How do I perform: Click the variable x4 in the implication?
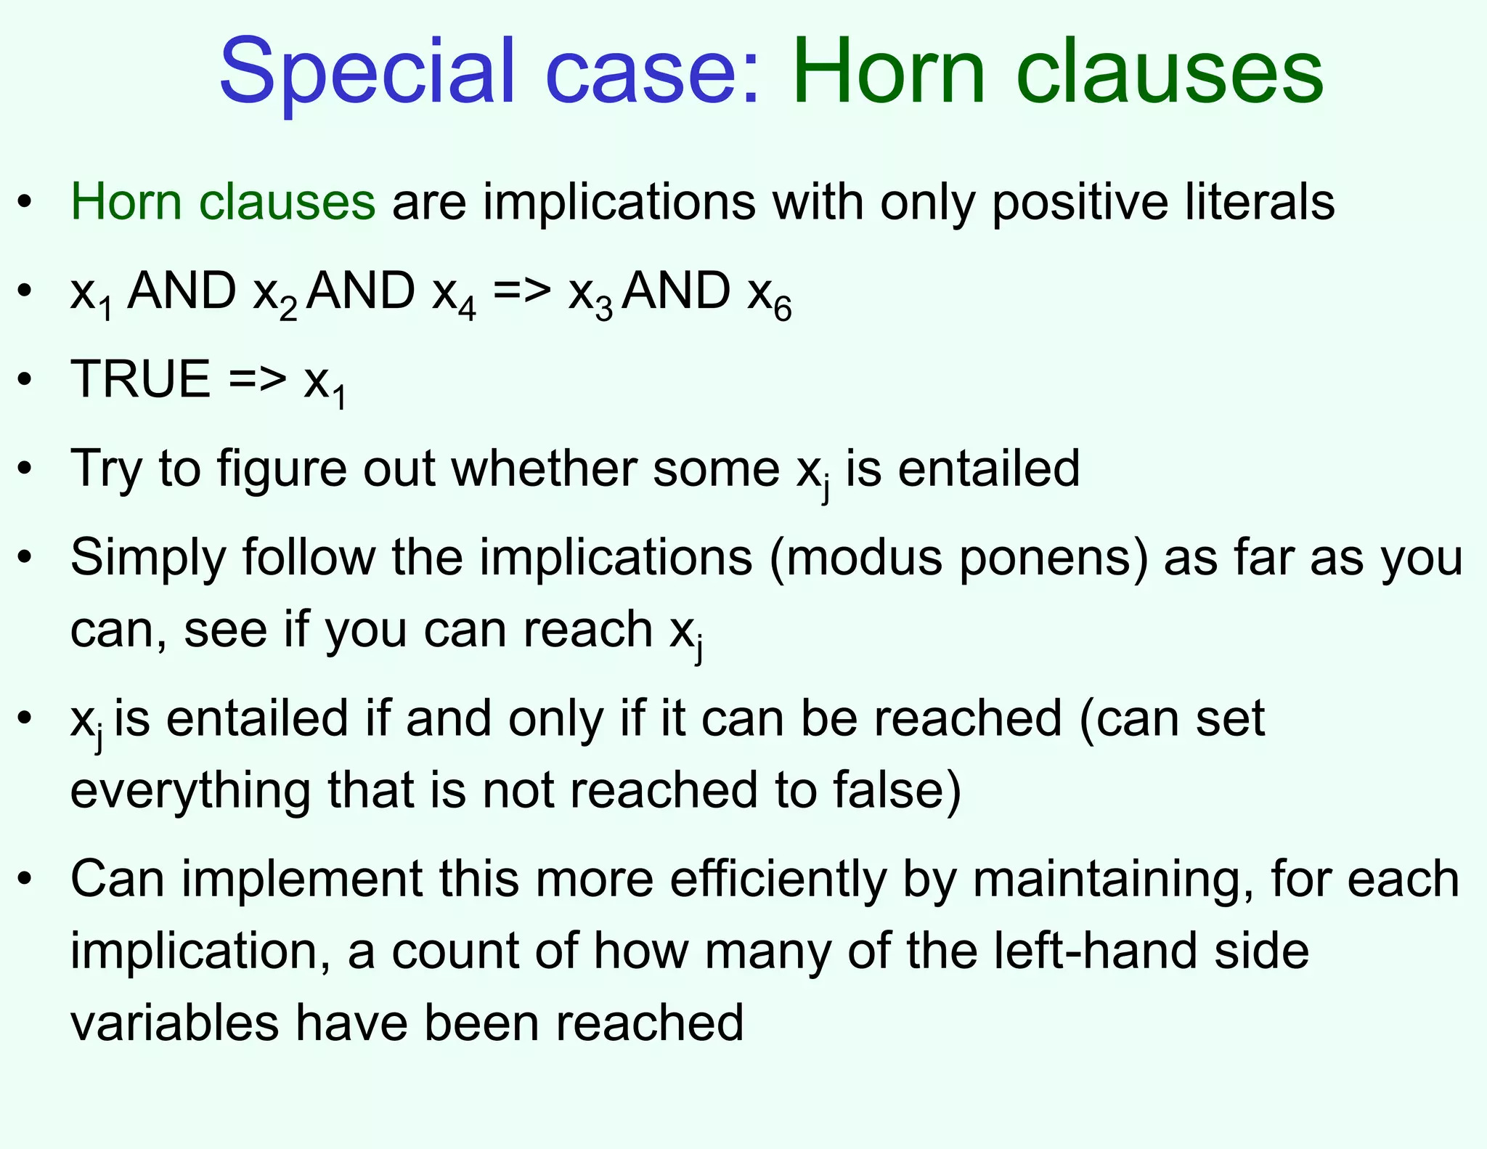point(454,294)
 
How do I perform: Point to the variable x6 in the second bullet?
point(770,294)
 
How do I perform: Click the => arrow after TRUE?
point(258,379)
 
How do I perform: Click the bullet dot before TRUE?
point(26,379)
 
